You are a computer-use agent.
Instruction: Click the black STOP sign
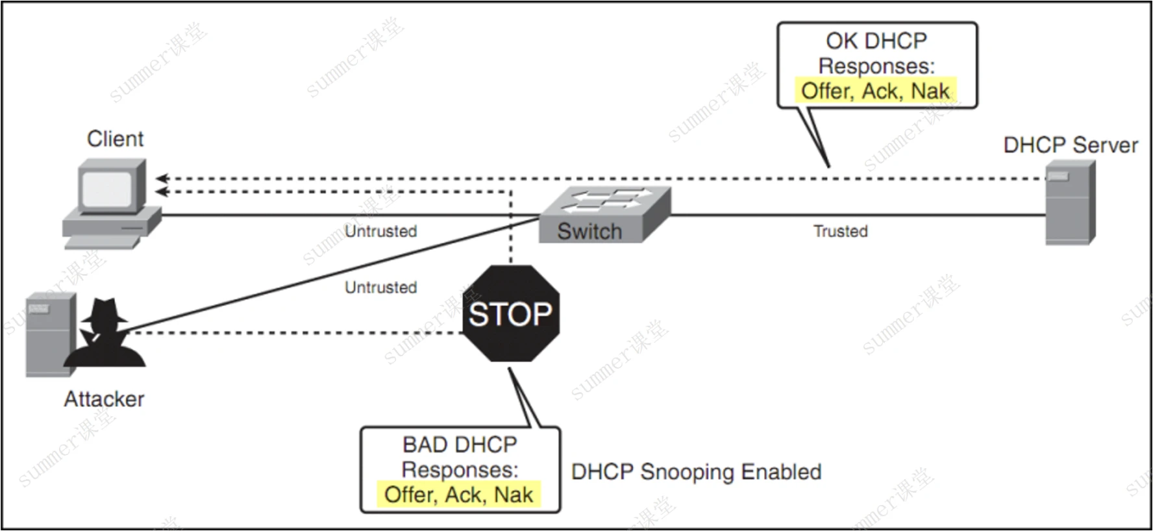(511, 314)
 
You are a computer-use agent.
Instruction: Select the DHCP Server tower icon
(1070, 203)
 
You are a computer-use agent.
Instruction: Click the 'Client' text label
(115, 139)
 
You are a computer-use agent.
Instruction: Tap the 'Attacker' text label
(104, 399)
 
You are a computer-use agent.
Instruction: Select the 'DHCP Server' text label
(1070, 145)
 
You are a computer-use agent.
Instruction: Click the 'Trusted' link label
(840, 231)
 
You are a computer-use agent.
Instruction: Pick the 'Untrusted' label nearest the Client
(380, 231)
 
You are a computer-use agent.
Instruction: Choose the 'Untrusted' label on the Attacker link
(380, 287)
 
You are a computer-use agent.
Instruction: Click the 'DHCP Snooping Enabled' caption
(696, 472)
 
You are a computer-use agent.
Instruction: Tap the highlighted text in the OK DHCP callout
(875, 91)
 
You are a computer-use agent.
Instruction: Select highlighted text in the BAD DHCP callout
(458, 495)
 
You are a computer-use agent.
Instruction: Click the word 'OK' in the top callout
(841, 41)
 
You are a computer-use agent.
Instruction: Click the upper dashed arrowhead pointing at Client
(161, 179)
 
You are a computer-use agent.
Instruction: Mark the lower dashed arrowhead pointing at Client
(161, 191)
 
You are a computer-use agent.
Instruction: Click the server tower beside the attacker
(49, 334)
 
